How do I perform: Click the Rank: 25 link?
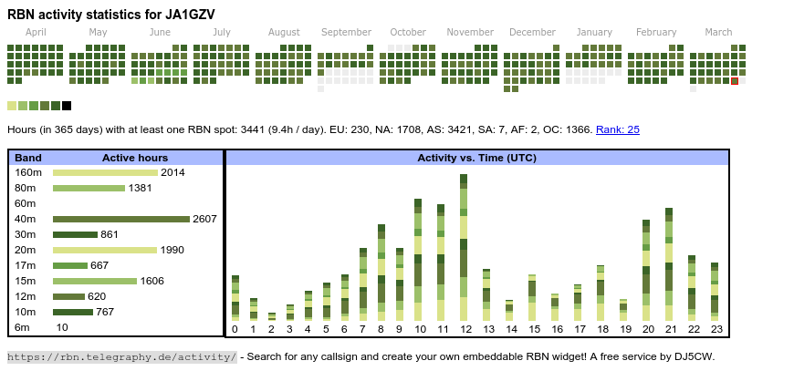coord(618,129)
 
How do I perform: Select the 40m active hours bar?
coord(120,219)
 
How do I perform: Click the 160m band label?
coord(28,172)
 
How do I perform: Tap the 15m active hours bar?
coord(95,281)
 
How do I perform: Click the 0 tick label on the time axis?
coord(235,329)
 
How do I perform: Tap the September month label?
coord(346,32)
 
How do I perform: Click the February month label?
coord(656,32)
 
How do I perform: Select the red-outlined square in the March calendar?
coord(735,81)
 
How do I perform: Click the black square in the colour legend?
coord(67,106)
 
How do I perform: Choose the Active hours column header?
coord(134,158)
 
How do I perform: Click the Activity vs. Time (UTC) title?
coord(476,158)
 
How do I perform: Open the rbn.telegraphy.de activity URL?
coord(122,356)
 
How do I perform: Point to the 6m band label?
coord(23,327)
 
